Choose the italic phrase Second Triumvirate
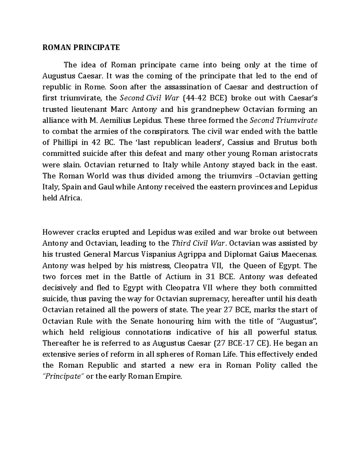coord(283,120)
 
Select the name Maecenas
coord(299,254)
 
